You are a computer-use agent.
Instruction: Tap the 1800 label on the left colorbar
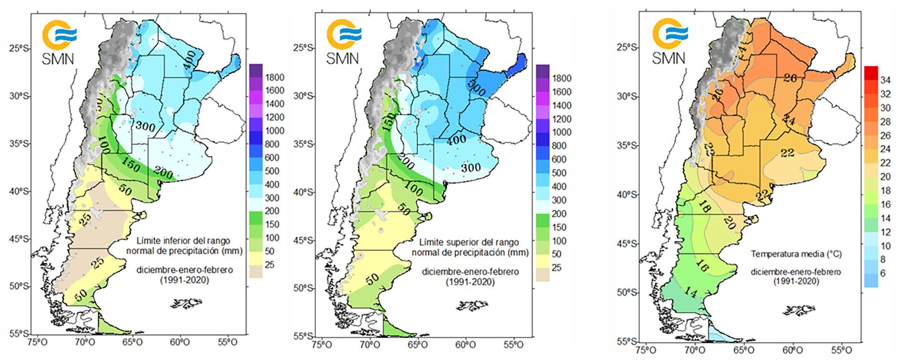[x=275, y=77]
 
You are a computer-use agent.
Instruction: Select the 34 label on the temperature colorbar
[x=885, y=80]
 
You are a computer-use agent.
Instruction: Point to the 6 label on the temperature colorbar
[x=883, y=273]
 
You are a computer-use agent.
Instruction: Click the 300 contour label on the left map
[x=145, y=126]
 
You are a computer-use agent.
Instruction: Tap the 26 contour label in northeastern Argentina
[x=790, y=78]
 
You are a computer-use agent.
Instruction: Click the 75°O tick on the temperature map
[x=645, y=349]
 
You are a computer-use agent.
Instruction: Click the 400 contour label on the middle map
[x=457, y=141]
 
